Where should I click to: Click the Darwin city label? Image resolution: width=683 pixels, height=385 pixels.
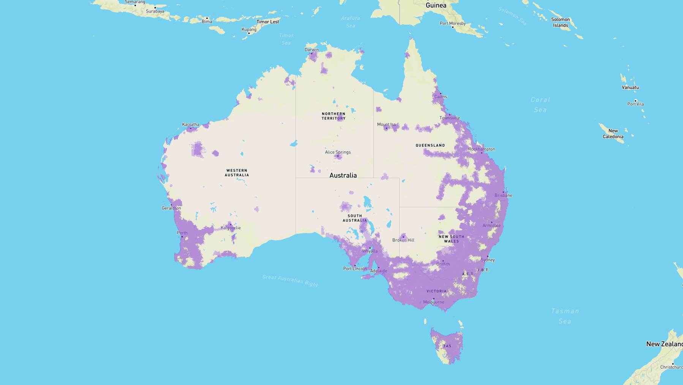pyautogui.click(x=311, y=50)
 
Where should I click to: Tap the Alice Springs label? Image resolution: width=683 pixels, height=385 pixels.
pyautogui.click(x=338, y=152)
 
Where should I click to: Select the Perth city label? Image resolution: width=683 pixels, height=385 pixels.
pyautogui.click(x=182, y=233)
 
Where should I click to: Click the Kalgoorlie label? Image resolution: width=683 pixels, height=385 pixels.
pyautogui.click(x=231, y=228)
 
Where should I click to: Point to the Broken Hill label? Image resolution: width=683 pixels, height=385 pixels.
pyautogui.click(x=403, y=240)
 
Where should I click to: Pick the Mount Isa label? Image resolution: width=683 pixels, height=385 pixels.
pyautogui.click(x=386, y=124)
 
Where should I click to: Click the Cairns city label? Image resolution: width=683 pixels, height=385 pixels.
pyautogui.click(x=441, y=97)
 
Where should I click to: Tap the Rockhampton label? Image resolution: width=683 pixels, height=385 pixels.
pyautogui.click(x=481, y=149)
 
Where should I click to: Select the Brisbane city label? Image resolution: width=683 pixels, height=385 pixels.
pyautogui.click(x=503, y=195)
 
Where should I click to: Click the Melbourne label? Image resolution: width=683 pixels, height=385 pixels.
pyautogui.click(x=433, y=302)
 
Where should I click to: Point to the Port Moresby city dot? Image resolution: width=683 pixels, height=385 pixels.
pyautogui.click(x=453, y=27)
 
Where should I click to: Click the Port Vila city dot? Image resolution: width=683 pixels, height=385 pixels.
pyautogui.click(x=636, y=101)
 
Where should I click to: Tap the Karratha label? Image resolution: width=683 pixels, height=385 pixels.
pyautogui.click(x=190, y=124)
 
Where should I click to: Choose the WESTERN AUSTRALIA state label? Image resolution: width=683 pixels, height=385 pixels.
pyautogui.click(x=237, y=173)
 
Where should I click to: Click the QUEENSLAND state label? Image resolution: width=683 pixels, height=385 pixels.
pyautogui.click(x=430, y=145)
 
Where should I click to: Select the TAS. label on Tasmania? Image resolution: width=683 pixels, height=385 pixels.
pyautogui.click(x=448, y=346)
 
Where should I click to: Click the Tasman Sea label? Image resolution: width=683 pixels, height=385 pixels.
pyautogui.click(x=565, y=316)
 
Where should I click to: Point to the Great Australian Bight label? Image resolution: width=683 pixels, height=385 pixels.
pyautogui.click(x=290, y=281)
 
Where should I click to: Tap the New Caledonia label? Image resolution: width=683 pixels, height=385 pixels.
pyautogui.click(x=613, y=133)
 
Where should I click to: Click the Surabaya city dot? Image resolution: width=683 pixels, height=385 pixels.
pyautogui.click(x=155, y=8)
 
